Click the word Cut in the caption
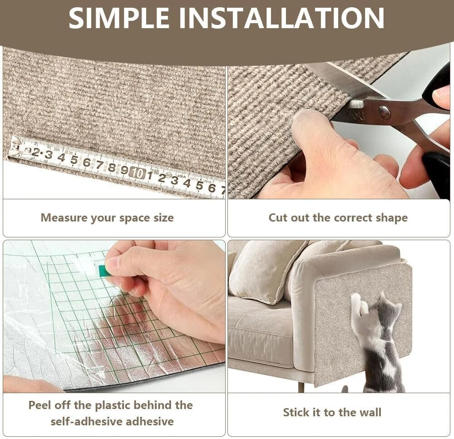coord(278,217)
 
